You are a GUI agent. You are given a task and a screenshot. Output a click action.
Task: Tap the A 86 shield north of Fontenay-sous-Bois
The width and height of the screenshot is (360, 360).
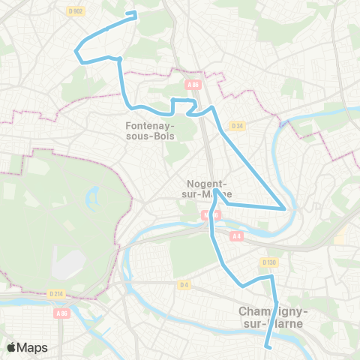[193, 85]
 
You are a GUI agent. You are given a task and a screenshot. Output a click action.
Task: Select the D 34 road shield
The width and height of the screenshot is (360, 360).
[237, 125]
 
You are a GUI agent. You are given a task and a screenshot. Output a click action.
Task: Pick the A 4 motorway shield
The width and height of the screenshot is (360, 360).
[237, 236]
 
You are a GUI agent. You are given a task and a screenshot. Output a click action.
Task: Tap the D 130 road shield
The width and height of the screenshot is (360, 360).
[269, 262]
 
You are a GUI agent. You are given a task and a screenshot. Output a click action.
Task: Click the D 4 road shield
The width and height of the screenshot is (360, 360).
[184, 284]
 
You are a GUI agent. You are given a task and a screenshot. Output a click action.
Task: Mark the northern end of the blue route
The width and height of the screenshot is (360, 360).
[135, 13]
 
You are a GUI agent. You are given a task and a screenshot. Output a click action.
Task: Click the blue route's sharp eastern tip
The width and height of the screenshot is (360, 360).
[284, 208]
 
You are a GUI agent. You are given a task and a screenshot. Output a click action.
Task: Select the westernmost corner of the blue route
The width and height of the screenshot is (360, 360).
[75, 51]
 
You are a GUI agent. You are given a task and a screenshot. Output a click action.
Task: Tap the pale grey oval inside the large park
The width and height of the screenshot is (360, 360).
[70, 262]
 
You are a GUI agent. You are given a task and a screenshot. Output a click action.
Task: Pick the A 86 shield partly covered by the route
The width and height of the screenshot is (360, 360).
[207, 214]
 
